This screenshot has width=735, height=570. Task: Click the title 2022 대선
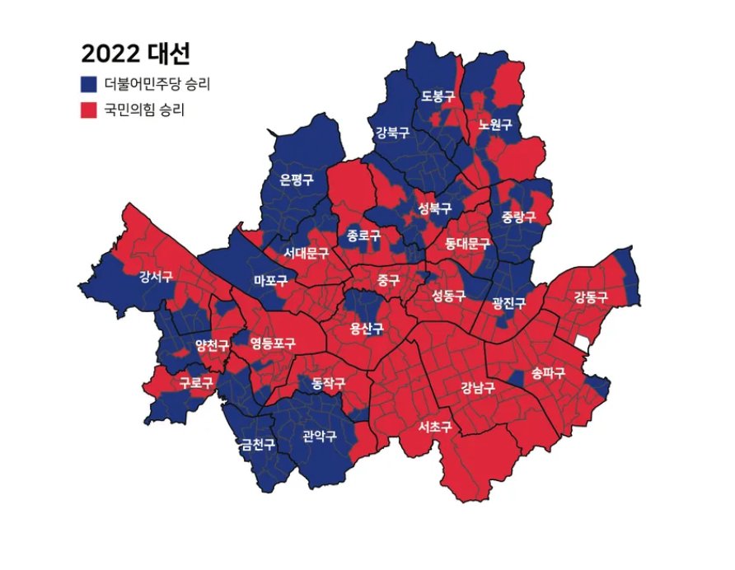tap(136, 54)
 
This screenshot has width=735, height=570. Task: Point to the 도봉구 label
tap(438, 96)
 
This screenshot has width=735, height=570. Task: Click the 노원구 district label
tap(494, 125)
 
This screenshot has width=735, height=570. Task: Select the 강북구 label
tap(392, 132)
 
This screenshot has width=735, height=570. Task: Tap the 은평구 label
tap(297, 180)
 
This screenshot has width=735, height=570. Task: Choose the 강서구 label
tap(156, 277)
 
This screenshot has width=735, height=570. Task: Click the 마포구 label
tap(270, 281)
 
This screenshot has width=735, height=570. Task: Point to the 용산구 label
tap(367, 329)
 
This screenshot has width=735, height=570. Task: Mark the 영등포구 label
tap(273, 342)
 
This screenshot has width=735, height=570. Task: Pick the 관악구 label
tap(320, 436)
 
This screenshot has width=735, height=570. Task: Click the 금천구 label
tap(257, 445)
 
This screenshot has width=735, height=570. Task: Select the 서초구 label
tap(434, 427)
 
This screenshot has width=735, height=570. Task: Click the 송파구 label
tap(548, 373)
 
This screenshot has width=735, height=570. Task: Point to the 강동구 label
tap(590, 297)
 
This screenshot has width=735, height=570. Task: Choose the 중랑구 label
tap(518, 217)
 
